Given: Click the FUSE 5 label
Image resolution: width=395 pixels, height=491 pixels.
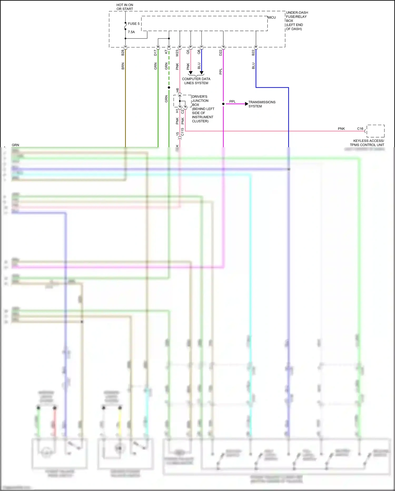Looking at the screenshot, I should [134, 24].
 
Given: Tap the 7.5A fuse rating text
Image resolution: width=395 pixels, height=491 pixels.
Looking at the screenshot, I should [131, 32].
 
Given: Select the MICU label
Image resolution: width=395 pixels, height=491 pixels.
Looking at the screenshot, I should [272, 17].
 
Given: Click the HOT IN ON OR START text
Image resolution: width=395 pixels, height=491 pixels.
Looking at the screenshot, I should [125, 7].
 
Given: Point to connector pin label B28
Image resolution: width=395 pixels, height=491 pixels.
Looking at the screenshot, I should [123, 53].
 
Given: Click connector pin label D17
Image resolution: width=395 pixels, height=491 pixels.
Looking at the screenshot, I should [155, 53].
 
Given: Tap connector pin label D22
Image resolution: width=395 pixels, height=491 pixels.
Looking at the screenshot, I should [221, 53].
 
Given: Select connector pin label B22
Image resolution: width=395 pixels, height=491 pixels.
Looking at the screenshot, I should [253, 53].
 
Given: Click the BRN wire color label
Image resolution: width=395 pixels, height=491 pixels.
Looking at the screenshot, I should [123, 66].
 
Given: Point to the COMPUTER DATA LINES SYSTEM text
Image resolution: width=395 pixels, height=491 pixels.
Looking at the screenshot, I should [196, 81].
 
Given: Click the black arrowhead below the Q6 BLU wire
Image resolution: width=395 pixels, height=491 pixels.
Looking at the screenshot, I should [201, 73].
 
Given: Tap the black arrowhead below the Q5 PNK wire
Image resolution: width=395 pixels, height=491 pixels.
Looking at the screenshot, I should [191, 73].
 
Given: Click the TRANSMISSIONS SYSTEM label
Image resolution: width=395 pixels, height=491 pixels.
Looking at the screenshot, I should [262, 104].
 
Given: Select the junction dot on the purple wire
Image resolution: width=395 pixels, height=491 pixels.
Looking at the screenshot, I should [223, 104].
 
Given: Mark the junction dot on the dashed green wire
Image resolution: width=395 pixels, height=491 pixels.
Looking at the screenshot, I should [169, 88].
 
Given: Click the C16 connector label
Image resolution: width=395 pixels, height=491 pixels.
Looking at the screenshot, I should [360, 129].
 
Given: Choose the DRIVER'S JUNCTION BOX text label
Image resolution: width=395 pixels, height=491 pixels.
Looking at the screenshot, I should [203, 109].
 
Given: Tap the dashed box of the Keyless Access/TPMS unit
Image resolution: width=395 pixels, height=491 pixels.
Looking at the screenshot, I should [376, 131].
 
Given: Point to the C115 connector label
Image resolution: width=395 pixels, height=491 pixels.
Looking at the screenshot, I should [182, 132].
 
